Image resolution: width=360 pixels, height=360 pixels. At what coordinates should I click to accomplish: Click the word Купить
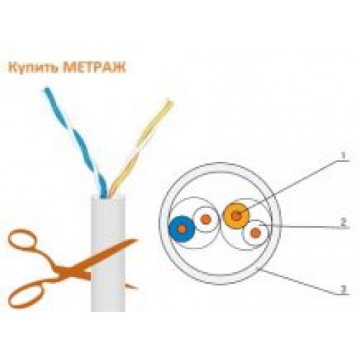click(33, 68)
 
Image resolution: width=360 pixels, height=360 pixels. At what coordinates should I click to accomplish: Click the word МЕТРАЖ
click(94, 67)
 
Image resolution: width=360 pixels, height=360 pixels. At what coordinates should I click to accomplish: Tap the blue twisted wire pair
click(76, 142)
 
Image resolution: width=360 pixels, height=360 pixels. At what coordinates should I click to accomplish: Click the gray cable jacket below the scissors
click(108, 297)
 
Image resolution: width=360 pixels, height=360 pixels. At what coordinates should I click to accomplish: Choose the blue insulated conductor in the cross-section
click(181, 229)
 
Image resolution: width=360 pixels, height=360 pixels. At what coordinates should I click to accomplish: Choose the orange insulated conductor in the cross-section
click(237, 216)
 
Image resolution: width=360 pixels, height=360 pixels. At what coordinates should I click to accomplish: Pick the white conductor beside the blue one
click(206, 220)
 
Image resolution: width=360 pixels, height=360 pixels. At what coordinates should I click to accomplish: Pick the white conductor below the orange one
click(256, 233)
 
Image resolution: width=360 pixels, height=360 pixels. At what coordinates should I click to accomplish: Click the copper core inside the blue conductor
click(182, 229)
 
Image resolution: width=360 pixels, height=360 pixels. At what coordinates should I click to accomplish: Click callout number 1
click(343, 156)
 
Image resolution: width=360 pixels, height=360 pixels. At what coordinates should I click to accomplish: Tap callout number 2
click(343, 222)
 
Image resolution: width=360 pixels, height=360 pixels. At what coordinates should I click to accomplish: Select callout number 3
click(344, 289)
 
